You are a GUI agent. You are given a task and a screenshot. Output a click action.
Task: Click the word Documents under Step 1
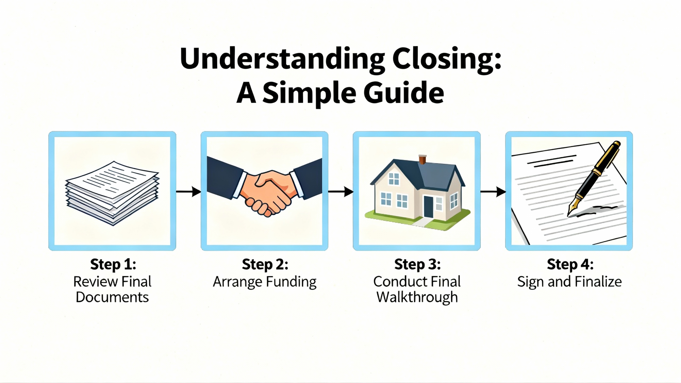[x=112, y=297]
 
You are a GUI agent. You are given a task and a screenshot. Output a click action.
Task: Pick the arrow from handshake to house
[x=341, y=191]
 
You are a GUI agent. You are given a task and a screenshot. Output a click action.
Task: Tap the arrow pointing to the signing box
[x=493, y=191]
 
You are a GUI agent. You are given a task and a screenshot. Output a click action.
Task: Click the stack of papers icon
[x=112, y=193]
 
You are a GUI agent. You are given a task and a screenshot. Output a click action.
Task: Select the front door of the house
[x=428, y=207]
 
